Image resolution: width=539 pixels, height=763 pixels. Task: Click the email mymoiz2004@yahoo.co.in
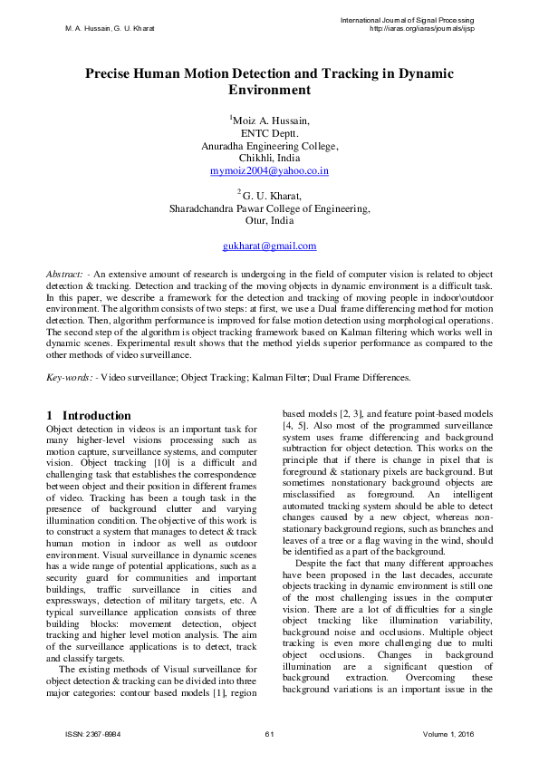269,170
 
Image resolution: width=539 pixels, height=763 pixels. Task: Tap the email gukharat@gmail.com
269,246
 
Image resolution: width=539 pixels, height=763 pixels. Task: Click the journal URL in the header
421,28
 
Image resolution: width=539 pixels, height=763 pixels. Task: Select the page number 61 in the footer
269,733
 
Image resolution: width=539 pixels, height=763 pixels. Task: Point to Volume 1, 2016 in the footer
448,733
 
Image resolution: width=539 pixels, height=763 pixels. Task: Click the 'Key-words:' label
70,375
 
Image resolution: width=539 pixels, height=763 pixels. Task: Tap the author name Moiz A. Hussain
271,120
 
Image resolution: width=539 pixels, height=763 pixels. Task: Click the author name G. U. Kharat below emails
271,195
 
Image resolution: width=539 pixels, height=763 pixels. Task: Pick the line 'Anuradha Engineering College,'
269,145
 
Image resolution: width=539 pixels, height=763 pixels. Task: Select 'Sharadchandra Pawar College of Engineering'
269,208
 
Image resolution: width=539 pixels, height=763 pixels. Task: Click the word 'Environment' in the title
269,91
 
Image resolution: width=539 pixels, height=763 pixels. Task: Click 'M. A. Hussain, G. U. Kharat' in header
110,28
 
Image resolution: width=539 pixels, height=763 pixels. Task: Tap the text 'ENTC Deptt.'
269,132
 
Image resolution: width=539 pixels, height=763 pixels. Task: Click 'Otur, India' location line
269,220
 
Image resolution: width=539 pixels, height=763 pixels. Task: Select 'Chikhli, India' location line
269,158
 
